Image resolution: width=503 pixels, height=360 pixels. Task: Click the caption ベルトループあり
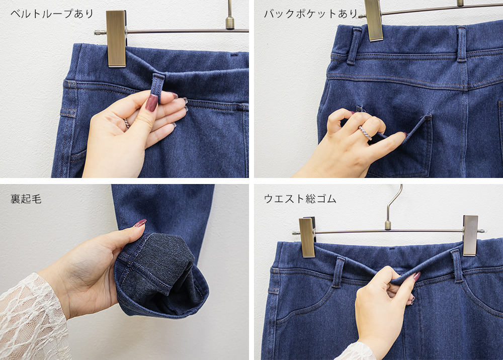coord(52,14)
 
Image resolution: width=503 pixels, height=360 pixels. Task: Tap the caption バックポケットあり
coord(310,14)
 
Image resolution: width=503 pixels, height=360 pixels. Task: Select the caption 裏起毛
coord(26,199)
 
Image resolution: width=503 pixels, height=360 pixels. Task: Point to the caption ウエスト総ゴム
coord(300,199)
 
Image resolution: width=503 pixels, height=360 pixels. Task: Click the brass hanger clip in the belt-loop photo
coord(116,39)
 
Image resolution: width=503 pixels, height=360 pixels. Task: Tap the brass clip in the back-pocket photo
coord(374,20)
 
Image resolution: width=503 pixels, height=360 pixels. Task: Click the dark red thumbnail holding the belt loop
coord(151,103)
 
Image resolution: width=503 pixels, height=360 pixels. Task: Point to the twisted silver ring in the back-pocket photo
coord(365,133)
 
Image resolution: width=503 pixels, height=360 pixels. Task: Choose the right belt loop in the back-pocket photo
coord(462,44)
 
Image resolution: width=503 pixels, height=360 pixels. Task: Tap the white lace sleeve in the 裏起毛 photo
coord(32,317)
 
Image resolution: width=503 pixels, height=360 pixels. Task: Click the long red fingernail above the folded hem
coord(140,223)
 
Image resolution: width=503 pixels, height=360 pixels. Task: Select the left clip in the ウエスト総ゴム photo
coord(307,237)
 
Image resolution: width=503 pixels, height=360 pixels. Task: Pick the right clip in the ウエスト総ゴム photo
coord(470,236)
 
